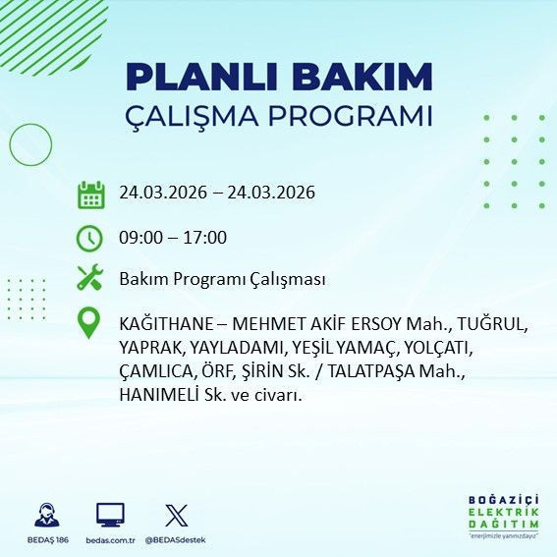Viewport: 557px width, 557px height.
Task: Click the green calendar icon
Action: point(90,194)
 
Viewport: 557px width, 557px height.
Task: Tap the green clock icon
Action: point(90,237)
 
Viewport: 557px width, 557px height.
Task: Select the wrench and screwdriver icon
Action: point(90,279)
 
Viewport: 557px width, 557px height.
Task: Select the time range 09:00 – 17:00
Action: point(173,237)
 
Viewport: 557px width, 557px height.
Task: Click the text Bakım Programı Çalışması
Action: point(222,279)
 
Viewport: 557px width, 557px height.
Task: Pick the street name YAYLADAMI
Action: point(240,348)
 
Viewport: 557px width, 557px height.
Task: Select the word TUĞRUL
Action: point(495,324)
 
